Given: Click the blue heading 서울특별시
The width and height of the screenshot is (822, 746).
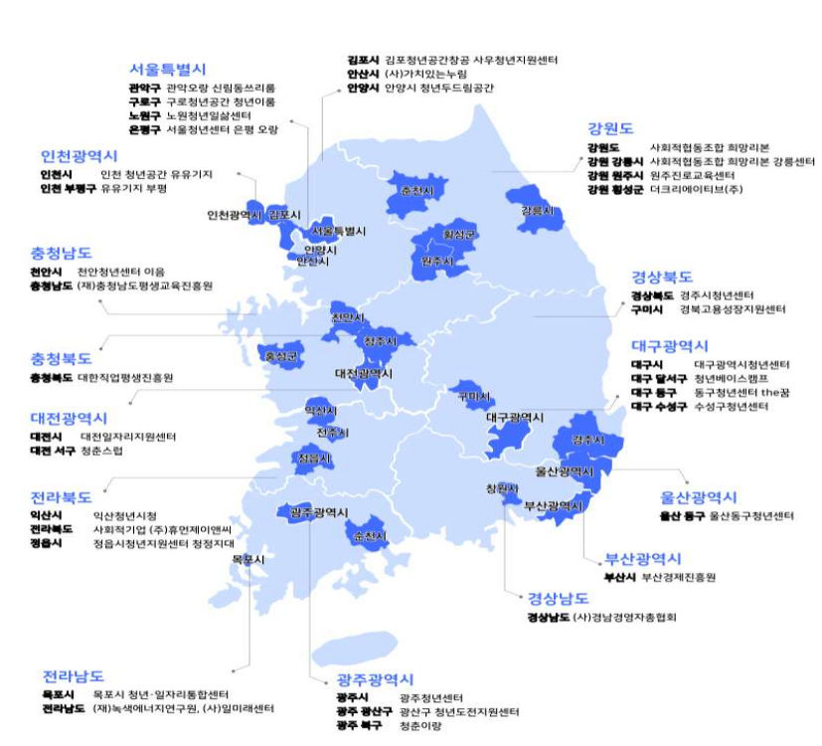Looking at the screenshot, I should point(167,69).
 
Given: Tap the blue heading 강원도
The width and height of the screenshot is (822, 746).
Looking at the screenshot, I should point(610,127).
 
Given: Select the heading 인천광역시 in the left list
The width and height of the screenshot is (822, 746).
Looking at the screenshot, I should point(80,156).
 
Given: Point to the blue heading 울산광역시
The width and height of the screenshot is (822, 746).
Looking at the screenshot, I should point(698,497).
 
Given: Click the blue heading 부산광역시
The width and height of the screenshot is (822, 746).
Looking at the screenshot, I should point(643,558).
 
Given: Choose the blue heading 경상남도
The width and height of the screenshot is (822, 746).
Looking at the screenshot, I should point(559,599).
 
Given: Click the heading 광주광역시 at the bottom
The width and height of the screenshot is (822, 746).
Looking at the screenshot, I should point(375,680).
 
